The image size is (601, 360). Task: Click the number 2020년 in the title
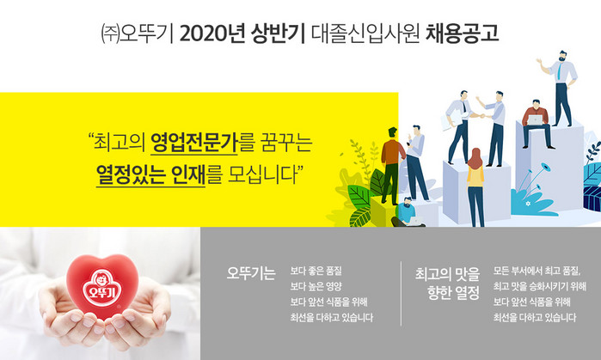pos(212,34)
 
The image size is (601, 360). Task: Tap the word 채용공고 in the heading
pos(463,34)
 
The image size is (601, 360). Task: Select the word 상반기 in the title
pos(278,34)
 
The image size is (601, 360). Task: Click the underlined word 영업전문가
pos(194,143)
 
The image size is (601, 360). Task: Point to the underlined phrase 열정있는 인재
pos(150,174)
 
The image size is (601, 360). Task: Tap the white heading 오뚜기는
pos(251,273)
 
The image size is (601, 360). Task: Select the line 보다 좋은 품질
pos(316,272)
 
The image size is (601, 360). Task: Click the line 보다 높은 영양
pos(316,286)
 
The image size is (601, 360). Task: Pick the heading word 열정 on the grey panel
pos(467,293)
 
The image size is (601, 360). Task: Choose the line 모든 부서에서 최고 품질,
pos(537,272)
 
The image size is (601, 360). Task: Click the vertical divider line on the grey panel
pos(401,294)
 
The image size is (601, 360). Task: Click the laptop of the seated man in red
pos(535,120)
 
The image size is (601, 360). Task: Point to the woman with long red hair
pos(475,187)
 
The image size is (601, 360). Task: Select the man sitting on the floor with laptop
pos(408,211)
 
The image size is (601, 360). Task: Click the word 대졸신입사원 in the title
pos(365,34)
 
